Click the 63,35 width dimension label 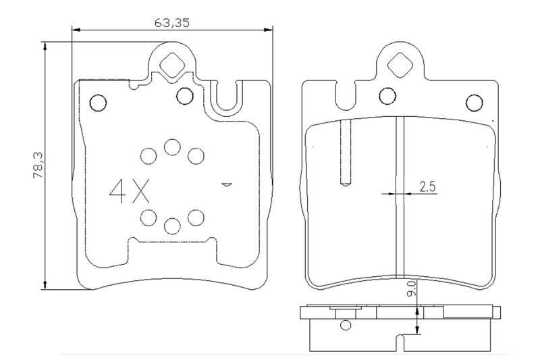pyautogui.click(x=172, y=23)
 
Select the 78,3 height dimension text pyautogui.click(x=38, y=165)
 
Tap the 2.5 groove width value pyautogui.click(x=427, y=186)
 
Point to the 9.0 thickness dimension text pyautogui.click(x=412, y=288)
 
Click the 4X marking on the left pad pyautogui.click(x=130, y=191)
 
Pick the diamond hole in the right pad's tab pyautogui.click(x=400, y=65)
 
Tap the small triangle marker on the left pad pyautogui.click(x=226, y=185)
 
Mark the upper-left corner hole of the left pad pyautogui.click(x=98, y=103)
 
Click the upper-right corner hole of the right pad pyautogui.click(x=475, y=103)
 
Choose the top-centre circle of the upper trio pyautogui.click(x=172, y=147)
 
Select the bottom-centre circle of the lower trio pyautogui.click(x=172, y=226)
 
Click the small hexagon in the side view pyautogui.click(x=345, y=325)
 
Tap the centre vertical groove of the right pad pyautogui.click(x=400, y=197)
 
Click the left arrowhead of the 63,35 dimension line pyautogui.click(x=76, y=30)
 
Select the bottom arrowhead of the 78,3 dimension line pyautogui.click(x=45, y=285)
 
